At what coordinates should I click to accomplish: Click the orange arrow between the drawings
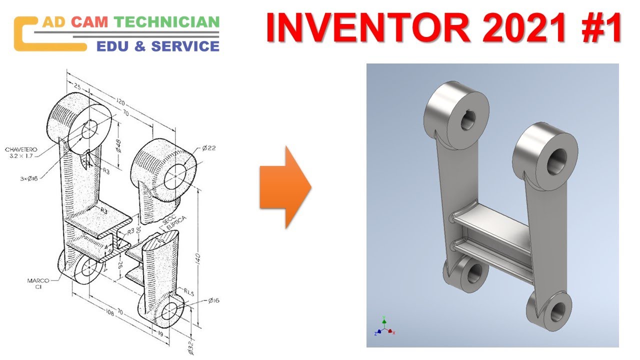click(285, 187)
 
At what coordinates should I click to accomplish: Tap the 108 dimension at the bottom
click(108, 313)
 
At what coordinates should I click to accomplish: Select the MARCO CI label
click(37, 283)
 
